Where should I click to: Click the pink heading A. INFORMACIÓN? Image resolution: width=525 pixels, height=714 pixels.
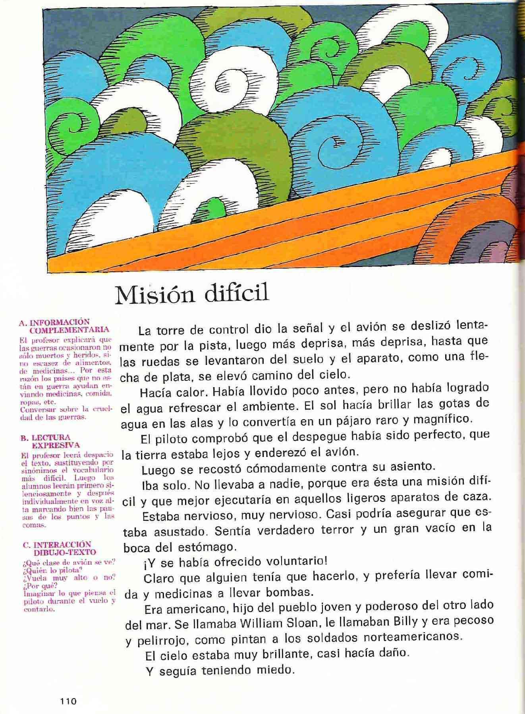pos(54,322)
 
